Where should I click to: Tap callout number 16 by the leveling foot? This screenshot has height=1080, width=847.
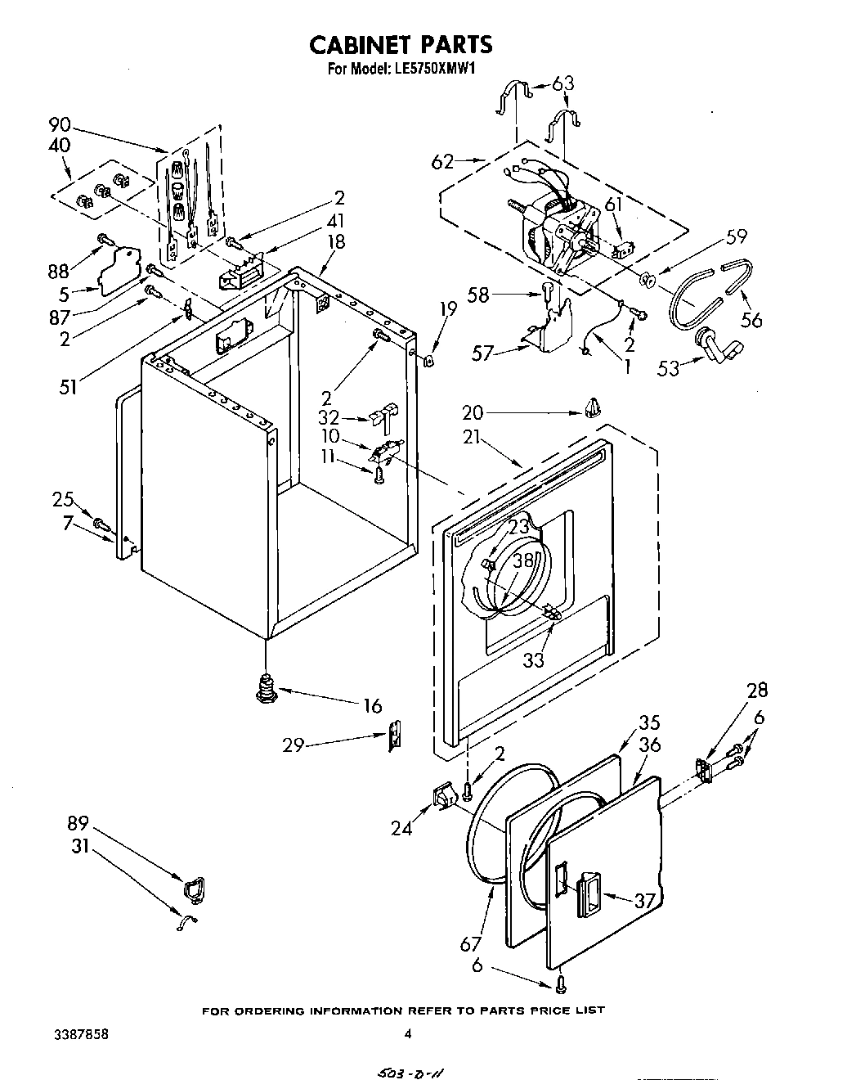point(372,704)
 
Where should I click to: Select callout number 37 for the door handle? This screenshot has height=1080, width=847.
point(646,900)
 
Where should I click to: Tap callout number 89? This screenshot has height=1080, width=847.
point(78,824)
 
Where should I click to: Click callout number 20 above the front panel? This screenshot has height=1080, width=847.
point(473,412)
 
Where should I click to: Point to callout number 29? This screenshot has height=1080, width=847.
point(294,745)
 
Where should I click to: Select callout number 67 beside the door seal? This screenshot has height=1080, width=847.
point(471,944)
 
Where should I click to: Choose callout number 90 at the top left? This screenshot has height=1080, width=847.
point(60,125)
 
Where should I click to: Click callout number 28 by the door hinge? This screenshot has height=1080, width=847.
point(756,691)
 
